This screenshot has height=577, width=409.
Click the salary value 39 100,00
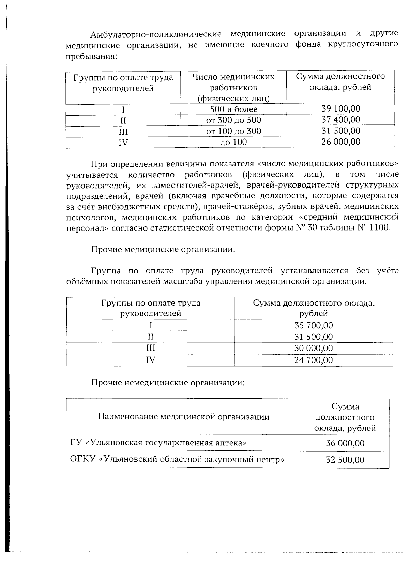(340, 109)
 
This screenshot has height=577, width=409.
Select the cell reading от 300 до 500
(233, 120)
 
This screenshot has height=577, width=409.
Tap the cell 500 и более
(233, 109)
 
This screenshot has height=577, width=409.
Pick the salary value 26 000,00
(340, 142)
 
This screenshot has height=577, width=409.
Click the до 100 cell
(233, 142)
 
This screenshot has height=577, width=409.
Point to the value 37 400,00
(340, 120)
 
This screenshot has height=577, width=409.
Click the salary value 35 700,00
(313, 325)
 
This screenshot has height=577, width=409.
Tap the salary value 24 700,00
(313, 360)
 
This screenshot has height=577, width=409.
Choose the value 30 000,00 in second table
(313, 349)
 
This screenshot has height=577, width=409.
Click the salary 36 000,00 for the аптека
(345, 443)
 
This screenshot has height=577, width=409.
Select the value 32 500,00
(345, 460)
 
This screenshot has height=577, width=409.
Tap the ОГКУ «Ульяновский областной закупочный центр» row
(177, 459)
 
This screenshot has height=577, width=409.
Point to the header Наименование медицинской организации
(183, 417)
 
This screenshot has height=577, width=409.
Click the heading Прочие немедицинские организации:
(168, 382)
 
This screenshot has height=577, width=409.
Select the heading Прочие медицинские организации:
(163, 249)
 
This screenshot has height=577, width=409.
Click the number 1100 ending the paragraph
(381, 227)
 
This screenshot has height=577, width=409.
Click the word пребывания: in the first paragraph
(91, 56)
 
